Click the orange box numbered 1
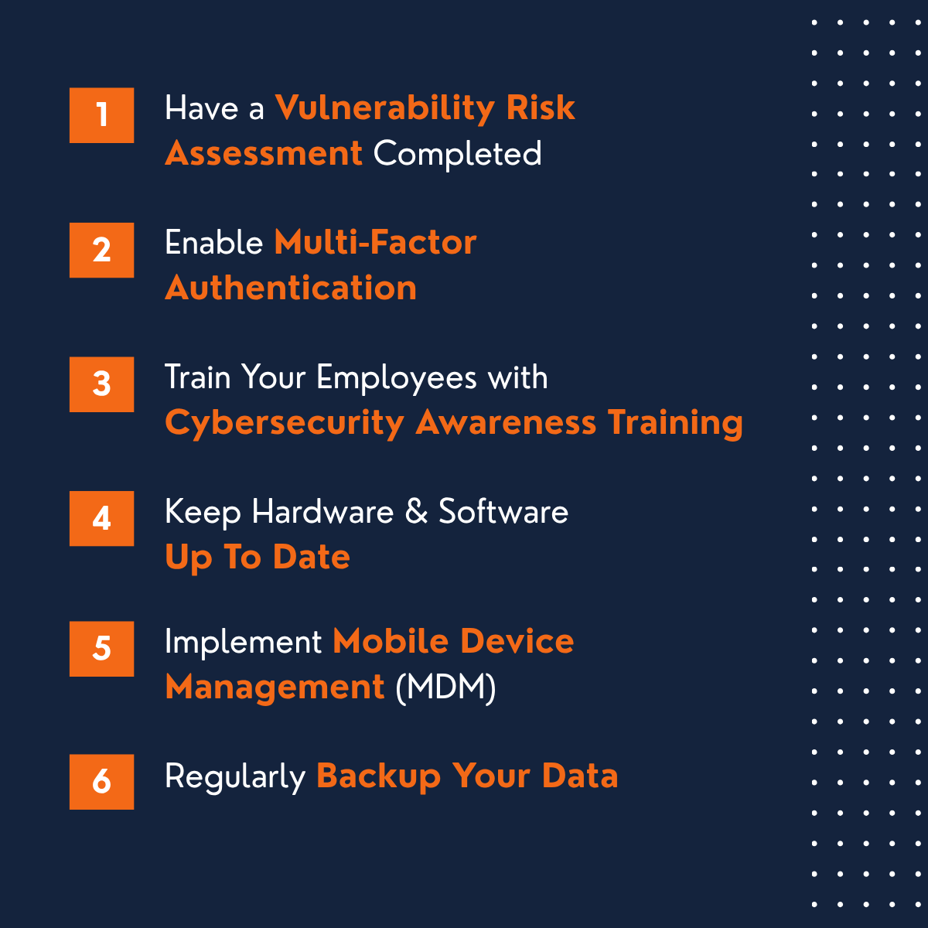click(101, 115)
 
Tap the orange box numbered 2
click(101, 250)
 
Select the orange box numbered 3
click(101, 384)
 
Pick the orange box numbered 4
click(101, 518)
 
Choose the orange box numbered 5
click(101, 649)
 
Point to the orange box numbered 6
click(101, 782)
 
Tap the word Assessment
click(263, 153)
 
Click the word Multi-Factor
click(375, 243)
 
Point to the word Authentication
click(291, 288)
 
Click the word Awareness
click(506, 423)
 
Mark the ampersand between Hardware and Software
click(416, 512)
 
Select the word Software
click(503, 512)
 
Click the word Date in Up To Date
click(312, 558)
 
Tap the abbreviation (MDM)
click(445, 687)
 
